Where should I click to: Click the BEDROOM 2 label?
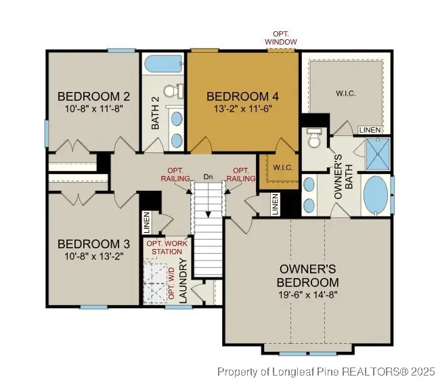click(x=84, y=95)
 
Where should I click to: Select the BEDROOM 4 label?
click(x=242, y=95)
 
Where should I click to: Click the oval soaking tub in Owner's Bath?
click(x=376, y=196)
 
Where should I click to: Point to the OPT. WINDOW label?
click(x=280, y=39)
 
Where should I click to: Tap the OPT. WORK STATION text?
click(x=166, y=248)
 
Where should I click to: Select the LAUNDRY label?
click(x=182, y=278)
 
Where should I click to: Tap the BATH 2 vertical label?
click(x=154, y=113)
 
